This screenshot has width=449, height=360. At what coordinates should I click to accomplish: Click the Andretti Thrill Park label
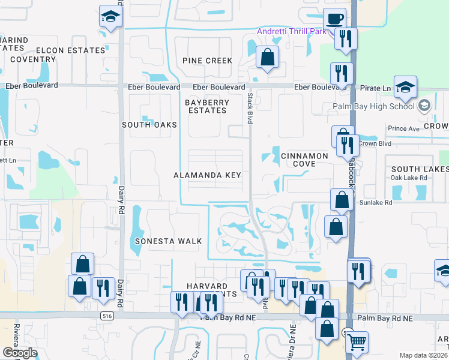(x=292, y=31)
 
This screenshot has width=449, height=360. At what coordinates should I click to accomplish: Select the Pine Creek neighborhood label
(x=208, y=61)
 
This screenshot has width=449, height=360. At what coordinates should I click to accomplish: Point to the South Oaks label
(x=149, y=125)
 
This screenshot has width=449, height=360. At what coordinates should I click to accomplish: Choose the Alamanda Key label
(x=207, y=175)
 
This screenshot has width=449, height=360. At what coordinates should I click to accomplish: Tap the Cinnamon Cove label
(x=304, y=160)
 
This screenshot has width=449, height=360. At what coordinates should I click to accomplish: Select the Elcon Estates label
(x=70, y=50)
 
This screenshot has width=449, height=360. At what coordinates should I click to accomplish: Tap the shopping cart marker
(x=357, y=342)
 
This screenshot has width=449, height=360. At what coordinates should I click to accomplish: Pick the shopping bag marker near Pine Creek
(x=268, y=58)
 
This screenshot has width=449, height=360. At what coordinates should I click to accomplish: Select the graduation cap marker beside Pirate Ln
(x=405, y=87)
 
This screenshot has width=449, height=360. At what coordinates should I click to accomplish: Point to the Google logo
(x=20, y=353)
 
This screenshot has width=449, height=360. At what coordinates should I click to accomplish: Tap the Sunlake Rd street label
(x=376, y=203)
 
